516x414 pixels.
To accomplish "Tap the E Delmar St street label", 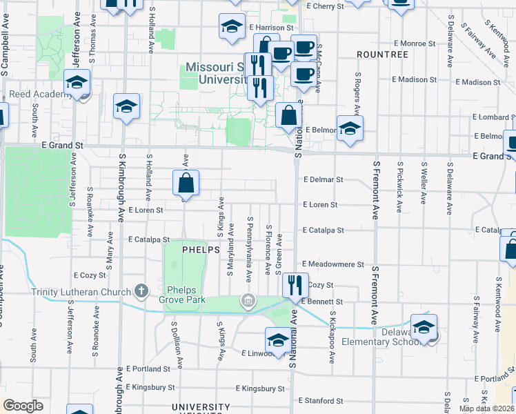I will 323,179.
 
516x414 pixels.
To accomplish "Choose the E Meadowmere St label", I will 333,264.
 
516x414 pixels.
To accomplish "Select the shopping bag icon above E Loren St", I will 186,184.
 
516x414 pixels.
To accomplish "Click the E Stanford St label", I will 321,401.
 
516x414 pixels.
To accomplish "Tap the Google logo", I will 23,406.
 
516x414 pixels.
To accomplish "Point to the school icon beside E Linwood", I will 278,340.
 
